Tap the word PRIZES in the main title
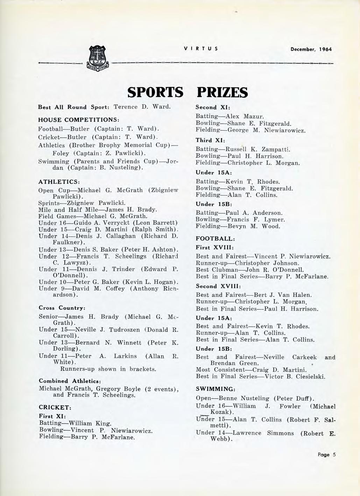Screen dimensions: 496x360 pyautogui.click(x=223, y=92)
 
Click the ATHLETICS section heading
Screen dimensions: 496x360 pyautogui.click(x=59, y=182)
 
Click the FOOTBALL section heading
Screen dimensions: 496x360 pyautogui.click(x=215, y=239)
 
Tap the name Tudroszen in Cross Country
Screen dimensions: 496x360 pyautogui.click(x=125, y=330)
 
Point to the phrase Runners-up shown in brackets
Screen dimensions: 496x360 pyautogui.click(x=108, y=369)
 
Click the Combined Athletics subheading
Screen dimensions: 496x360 pyautogui.click(x=70, y=381)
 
